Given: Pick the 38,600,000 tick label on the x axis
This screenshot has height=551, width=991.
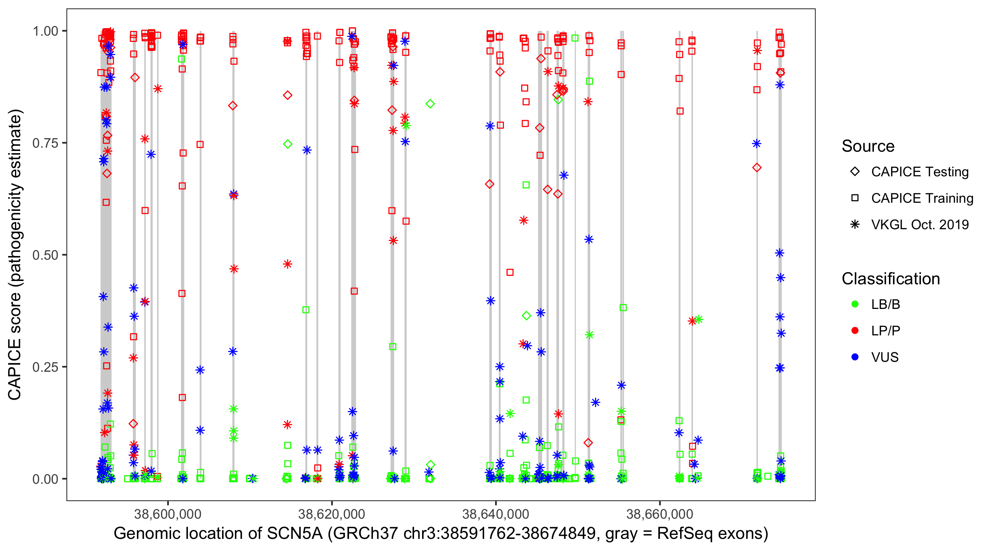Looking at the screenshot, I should pos(167,514).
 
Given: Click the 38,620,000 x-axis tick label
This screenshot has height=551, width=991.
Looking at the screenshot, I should pos(331,514).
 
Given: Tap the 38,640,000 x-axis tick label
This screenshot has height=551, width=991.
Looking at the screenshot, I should pos(495,514).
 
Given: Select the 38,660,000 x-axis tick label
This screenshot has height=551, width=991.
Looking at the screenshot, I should pos(660,514).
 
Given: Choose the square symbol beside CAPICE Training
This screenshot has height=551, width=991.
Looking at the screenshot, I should pos(855,198).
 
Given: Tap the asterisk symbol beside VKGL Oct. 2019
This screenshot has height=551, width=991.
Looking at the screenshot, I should pos(855,224).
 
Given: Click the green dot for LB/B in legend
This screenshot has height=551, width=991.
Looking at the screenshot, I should pos(855,304).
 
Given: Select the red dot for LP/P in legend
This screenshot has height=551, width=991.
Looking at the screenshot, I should pos(855,331).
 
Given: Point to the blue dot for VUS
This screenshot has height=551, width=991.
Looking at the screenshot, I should pos(855,357).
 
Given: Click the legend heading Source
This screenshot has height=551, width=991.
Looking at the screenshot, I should pos(868,146).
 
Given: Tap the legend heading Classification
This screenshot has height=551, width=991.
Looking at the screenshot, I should pos(890,279).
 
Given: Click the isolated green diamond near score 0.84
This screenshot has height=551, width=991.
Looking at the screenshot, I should pos(430,104).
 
